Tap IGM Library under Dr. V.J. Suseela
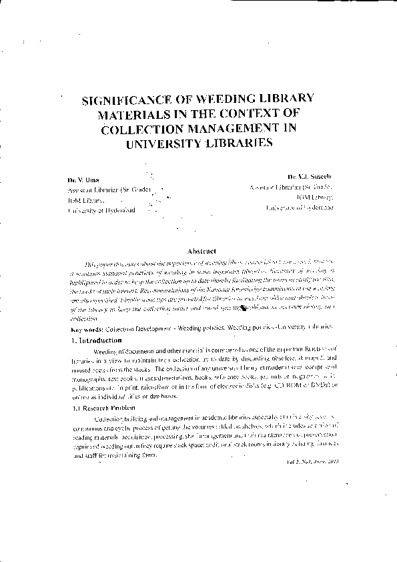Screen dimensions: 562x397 click(316, 198)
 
